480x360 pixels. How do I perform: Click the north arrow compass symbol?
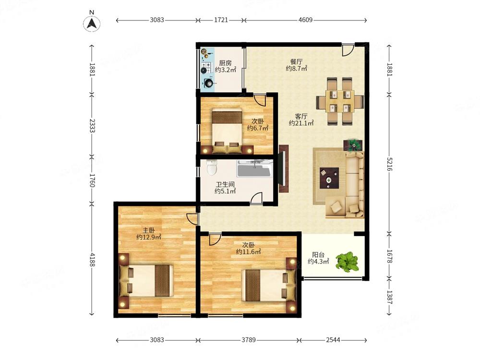92,23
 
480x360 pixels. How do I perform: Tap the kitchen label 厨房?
225,63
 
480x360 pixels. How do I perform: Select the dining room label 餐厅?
296,62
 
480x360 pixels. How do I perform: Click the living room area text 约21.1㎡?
301,123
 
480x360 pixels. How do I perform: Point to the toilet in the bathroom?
212,168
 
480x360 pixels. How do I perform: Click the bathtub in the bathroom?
254,168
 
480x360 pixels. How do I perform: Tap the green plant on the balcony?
347,262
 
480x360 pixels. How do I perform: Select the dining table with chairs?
340,101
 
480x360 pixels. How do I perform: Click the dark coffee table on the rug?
329,178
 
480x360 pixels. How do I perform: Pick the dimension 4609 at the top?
305,20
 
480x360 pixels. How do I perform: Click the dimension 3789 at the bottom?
249,340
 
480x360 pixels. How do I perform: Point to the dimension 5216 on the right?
389,164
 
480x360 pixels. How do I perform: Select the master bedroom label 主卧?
149,230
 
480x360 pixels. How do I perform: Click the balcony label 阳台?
318,255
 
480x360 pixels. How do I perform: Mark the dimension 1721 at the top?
221,20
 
